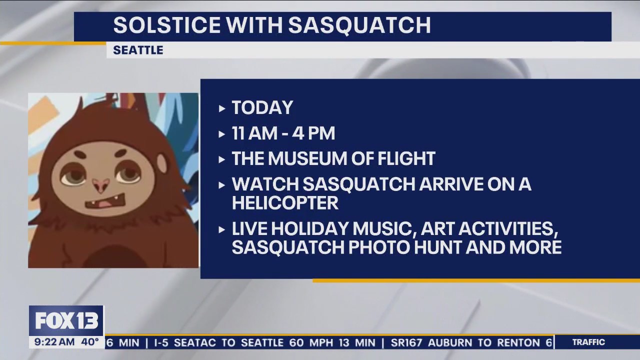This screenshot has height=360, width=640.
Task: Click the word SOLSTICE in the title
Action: [167, 25]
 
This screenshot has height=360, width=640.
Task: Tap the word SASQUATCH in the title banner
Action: [359, 25]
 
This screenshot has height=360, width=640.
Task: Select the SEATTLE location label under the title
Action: [138, 50]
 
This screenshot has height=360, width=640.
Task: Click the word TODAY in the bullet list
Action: [262, 107]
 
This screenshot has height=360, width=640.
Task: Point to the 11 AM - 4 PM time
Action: [283, 133]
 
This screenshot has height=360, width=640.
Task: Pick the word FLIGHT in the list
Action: [406, 158]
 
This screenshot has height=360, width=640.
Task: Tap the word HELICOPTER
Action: [285, 203]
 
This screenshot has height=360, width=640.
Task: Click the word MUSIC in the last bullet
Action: [384, 229]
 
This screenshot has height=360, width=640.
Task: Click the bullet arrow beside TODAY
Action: [221, 108]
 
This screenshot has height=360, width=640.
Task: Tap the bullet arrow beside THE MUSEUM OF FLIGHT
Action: [221, 159]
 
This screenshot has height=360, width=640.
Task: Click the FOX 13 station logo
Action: [66, 321]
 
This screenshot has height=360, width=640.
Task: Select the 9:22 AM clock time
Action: [54, 342]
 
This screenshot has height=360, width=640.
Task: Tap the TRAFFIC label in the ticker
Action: [589, 342]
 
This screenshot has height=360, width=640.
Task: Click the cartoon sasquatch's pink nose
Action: [101, 184]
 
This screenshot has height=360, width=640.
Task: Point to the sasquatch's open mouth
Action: [105, 201]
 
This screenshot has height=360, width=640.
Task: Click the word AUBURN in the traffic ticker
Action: [450, 342]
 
